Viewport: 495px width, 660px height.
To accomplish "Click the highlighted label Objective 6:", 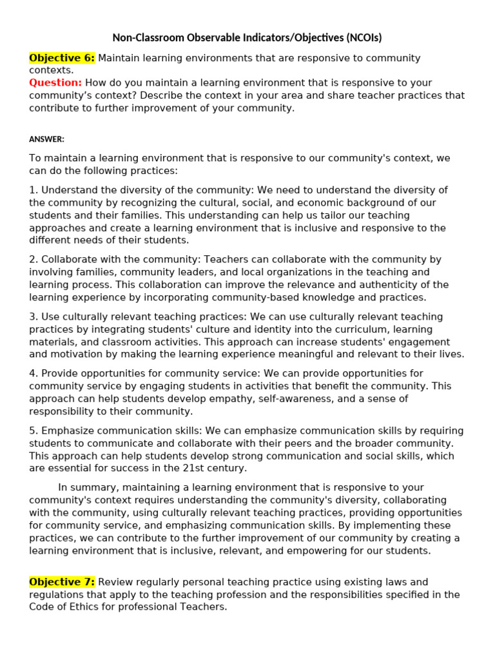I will (62, 58).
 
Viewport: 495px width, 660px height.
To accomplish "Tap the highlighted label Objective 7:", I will (62, 582).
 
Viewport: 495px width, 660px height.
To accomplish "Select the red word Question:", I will (55, 82).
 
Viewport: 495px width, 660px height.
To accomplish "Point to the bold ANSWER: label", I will (46, 139).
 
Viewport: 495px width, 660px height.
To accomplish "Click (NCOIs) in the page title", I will (368, 38).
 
